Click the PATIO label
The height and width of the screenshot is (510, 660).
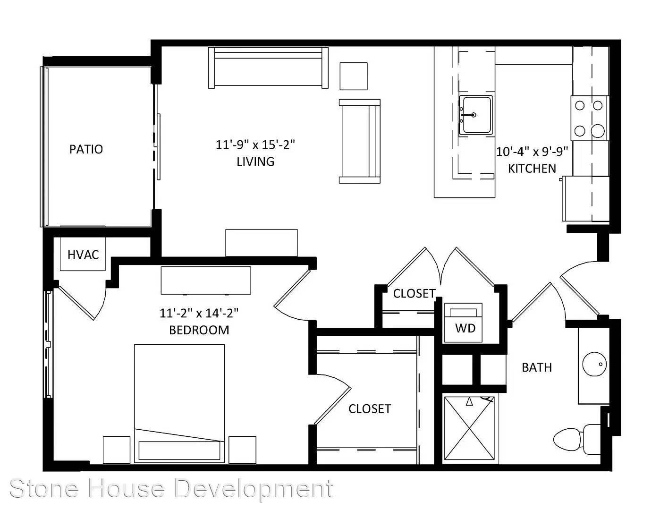[86, 149]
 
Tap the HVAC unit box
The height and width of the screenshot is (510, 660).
[83, 254]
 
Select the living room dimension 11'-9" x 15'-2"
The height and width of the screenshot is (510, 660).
[255, 145]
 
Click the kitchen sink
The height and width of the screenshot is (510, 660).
[475, 115]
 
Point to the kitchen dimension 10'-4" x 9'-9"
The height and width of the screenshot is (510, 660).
[532, 151]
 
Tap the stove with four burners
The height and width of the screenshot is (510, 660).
[589, 118]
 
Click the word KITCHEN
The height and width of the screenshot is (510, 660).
[532, 168]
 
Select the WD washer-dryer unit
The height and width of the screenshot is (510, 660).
[463, 323]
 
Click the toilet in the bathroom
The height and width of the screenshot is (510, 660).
[576, 440]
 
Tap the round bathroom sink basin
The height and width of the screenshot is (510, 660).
[594, 364]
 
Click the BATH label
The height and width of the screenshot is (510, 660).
[537, 367]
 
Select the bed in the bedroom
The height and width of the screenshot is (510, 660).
[179, 403]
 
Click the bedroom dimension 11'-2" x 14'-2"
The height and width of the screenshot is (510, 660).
[199, 313]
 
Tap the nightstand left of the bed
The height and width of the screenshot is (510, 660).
[117, 450]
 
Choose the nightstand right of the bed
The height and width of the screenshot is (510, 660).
[242, 450]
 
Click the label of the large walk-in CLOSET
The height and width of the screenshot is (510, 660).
[370, 409]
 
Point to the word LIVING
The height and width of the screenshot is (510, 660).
[255, 161]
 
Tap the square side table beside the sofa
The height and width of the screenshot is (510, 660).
[354, 76]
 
